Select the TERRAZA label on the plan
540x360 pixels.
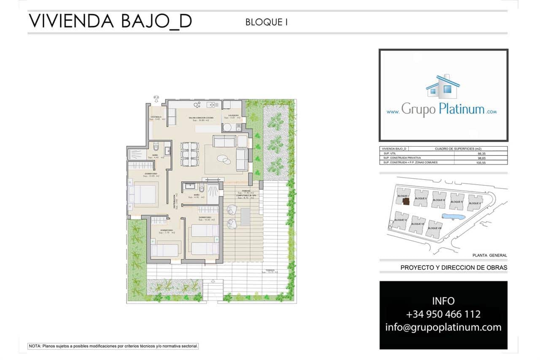click(270, 270)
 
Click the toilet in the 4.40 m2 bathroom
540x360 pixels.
click(156, 148)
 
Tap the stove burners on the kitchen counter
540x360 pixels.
click(197, 105)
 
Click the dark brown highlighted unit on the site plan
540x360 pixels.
click(406, 201)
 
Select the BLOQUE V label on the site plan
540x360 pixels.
click(475, 203)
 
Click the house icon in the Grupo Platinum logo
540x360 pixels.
click(443, 86)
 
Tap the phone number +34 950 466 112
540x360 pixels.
click(443, 314)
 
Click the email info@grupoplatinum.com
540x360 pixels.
click(443, 327)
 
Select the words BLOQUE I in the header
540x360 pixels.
click(266, 22)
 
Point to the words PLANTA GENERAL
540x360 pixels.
click(490, 255)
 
